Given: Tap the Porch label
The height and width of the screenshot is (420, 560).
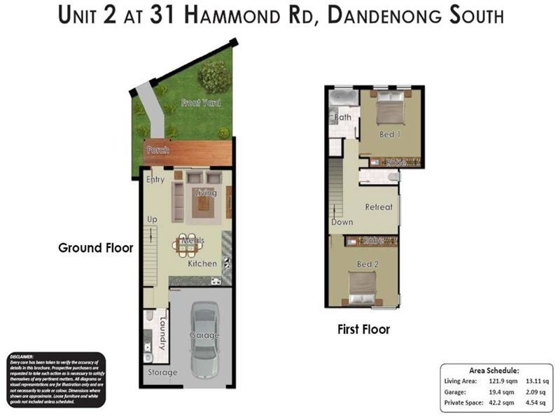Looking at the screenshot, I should tap(157, 150).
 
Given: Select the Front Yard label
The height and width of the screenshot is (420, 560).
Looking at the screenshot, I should tap(201, 103).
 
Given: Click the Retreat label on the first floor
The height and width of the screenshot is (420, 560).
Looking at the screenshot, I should tap(379, 207).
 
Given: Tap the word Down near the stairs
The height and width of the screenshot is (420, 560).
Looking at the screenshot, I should tap(342, 222).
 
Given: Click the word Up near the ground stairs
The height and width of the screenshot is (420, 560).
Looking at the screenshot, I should tap(152, 220).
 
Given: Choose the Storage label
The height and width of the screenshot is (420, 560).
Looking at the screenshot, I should tap(162, 372).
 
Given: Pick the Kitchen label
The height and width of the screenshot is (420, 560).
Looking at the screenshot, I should tap(202, 264).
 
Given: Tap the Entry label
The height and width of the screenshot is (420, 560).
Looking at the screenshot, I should tap(155, 180).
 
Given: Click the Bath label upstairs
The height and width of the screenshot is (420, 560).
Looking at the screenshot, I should tap(343, 118).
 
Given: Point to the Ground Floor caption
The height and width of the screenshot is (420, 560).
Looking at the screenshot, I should tap(95, 248).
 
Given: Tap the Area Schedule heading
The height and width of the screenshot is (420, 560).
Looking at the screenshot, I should tap(493, 370).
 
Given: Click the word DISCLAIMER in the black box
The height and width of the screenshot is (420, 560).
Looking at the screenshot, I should tap(27, 356).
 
